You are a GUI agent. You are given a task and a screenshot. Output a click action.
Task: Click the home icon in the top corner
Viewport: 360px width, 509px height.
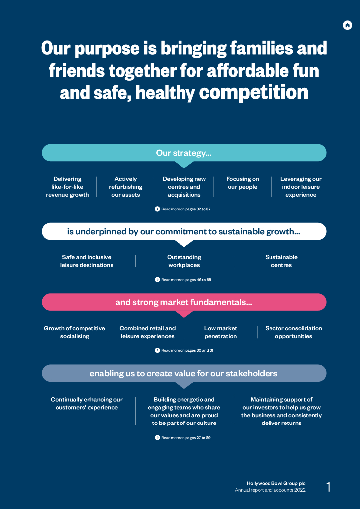[x=347, y=25]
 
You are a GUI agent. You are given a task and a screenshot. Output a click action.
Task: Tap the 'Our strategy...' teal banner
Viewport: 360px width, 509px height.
[x=184, y=153]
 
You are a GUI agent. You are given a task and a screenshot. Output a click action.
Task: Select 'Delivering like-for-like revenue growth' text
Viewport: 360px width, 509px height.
[x=67, y=187]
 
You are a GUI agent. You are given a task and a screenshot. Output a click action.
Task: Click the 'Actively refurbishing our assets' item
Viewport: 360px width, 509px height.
[x=126, y=187]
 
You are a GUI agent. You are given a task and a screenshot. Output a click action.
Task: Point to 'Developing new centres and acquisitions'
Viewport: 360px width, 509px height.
[x=184, y=187]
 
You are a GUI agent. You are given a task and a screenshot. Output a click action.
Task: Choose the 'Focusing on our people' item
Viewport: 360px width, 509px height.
[x=243, y=183]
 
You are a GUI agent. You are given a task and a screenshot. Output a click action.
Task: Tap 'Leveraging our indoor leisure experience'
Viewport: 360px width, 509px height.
[x=301, y=187]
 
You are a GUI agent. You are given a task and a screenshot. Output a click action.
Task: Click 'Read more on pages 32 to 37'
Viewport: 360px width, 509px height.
[x=183, y=209]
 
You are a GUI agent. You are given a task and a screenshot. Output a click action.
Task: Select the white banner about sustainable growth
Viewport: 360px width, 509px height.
[x=184, y=231]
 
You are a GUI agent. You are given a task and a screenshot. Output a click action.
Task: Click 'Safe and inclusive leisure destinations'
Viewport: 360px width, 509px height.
[x=87, y=261]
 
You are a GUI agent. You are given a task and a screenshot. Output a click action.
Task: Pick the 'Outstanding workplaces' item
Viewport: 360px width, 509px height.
[x=184, y=261]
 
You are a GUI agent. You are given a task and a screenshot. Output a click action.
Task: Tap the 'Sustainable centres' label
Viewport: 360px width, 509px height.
[x=281, y=261]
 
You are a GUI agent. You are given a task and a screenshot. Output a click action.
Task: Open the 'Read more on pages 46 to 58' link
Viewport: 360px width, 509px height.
[x=183, y=280]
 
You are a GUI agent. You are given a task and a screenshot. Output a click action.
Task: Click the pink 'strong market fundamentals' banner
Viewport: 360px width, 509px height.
[x=184, y=302]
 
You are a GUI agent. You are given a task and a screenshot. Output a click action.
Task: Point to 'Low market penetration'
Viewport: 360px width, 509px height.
[x=221, y=332]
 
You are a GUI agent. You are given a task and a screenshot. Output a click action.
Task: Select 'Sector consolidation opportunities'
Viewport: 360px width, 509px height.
[x=293, y=332]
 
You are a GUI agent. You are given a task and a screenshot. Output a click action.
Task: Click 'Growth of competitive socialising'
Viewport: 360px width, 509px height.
[x=75, y=332]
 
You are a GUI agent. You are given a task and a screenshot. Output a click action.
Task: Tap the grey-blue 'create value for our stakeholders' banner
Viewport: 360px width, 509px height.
[x=184, y=373]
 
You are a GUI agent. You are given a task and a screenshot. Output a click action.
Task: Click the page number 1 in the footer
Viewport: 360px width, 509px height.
[x=329, y=487]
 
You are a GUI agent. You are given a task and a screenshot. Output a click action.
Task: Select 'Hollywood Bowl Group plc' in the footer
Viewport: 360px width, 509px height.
[x=276, y=483]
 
